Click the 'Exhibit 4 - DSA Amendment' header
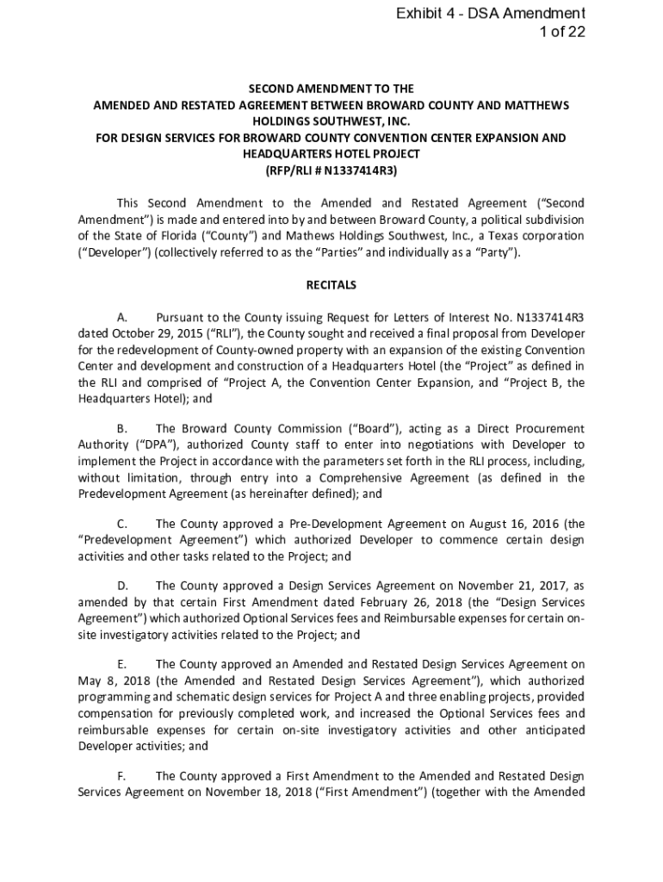tap(491, 13)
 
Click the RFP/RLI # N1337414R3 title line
tap(331, 171)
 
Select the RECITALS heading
tap(331, 285)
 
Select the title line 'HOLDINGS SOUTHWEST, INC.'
tap(331, 121)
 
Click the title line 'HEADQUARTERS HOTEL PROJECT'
tap(331, 154)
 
